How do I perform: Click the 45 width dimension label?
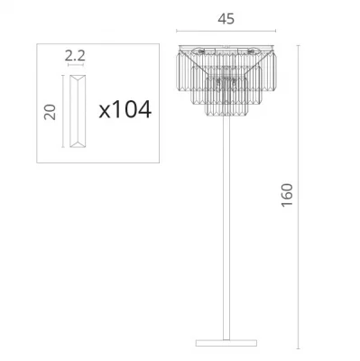226,19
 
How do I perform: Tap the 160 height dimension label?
287,195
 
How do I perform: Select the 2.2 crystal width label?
75,56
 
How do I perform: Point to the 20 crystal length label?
50,112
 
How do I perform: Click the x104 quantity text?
125,109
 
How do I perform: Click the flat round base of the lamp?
226,343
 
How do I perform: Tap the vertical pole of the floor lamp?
226,228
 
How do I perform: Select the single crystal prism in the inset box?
78,111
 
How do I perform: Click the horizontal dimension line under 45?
226,31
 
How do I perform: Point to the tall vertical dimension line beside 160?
298,196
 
